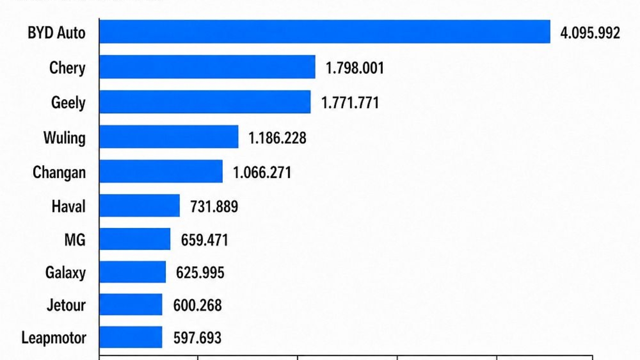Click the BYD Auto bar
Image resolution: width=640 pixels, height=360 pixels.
tap(325, 32)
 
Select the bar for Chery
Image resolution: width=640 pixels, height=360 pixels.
tap(207, 67)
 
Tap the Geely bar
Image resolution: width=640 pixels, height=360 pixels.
tap(205, 102)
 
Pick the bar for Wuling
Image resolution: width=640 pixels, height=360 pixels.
tap(169, 137)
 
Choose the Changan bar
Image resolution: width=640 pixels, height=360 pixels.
tap(161, 171)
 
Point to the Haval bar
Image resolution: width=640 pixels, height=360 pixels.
tap(139, 206)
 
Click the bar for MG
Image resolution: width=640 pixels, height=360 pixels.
tap(135, 239)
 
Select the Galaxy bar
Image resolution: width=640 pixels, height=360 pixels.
tap(133, 272)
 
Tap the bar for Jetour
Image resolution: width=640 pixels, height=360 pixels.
tap(131, 305)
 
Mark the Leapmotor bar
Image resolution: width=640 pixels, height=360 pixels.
tap(131, 337)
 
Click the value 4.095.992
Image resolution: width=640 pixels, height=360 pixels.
tap(590, 33)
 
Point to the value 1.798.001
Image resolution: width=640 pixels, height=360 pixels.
tap(355, 68)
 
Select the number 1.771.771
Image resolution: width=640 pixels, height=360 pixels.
tap(350, 103)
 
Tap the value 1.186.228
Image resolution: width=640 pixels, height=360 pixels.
tap(277, 138)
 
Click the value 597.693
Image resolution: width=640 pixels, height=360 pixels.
tap(197, 338)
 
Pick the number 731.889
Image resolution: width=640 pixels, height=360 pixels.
tap(214, 207)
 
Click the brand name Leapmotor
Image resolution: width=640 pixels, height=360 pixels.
tap(54, 338)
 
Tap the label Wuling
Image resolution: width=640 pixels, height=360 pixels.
tap(64, 138)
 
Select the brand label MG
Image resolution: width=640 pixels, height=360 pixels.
tap(75, 240)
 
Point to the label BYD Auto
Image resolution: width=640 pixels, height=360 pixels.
tap(56, 33)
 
